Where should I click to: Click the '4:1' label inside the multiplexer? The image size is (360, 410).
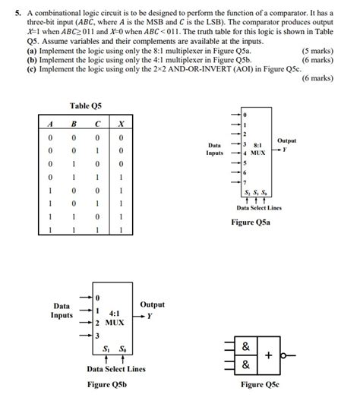click(x=116, y=313)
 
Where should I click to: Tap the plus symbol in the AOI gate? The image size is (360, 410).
click(x=268, y=355)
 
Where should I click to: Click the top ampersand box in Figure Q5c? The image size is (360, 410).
click(x=245, y=347)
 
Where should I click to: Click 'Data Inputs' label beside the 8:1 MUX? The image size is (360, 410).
click(x=215, y=148)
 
